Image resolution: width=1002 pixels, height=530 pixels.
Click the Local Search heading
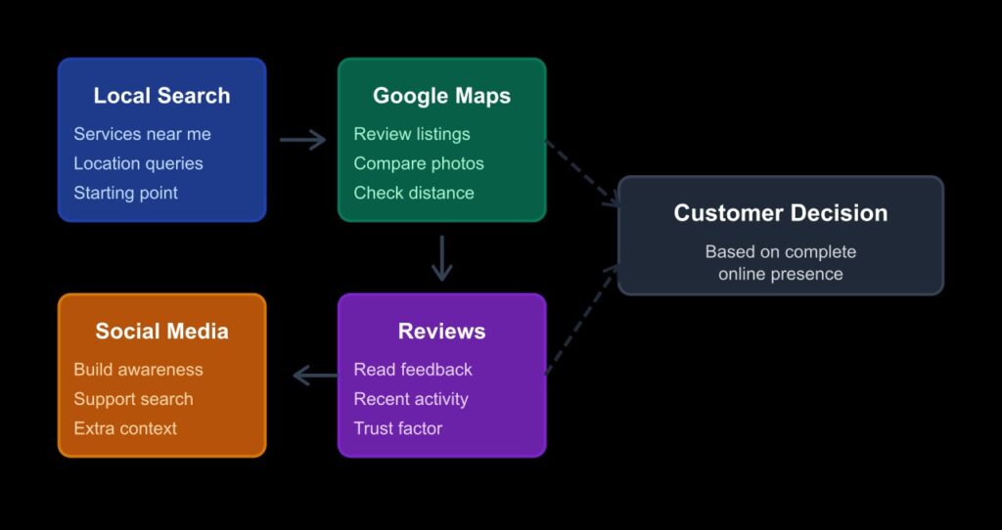pyautogui.click(x=161, y=96)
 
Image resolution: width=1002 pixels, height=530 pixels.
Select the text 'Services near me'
pyautogui.click(x=142, y=134)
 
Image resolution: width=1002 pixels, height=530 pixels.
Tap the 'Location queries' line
pyautogui.click(x=138, y=163)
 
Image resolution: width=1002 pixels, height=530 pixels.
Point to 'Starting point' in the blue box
pyautogui.click(x=125, y=193)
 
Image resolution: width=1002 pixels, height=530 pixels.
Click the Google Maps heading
pyautogui.click(x=441, y=96)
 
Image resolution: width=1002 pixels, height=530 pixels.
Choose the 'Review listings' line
pyautogui.click(x=411, y=134)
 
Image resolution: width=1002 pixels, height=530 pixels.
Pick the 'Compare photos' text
pyautogui.click(x=418, y=163)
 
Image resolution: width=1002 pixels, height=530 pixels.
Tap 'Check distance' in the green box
pyautogui.click(x=413, y=193)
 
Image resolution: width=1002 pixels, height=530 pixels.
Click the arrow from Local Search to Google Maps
pyautogui.click(x=302, y=140)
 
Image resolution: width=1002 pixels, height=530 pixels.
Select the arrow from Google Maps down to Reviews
pyautogui.click(x=442, y=257)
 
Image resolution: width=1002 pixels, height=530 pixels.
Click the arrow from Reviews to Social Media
pyautogui.click(x=315, y=375)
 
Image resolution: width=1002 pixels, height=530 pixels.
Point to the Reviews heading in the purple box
pyautogui.click(x=441, y=331)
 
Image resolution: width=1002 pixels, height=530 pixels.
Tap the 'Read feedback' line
pyautogui.click(x=412, y=370)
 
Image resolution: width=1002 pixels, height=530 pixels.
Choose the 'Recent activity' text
pyautogui.click(x=410, y=399)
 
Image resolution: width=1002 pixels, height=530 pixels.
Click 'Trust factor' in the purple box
pyautogui.click(x=397, y=428)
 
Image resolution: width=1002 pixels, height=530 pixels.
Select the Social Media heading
pyautogui.click(x=161, y=331)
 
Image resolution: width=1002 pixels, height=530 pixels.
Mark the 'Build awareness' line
pyautogui.click(x=138, y=370)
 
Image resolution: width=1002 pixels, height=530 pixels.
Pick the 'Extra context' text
pyautogui.click(x=124, y=428)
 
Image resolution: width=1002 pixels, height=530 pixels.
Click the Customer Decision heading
pyautogui.click(x=780, y=213)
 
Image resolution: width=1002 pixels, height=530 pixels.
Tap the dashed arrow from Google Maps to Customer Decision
pyautogui.click(x=581, y=172)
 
